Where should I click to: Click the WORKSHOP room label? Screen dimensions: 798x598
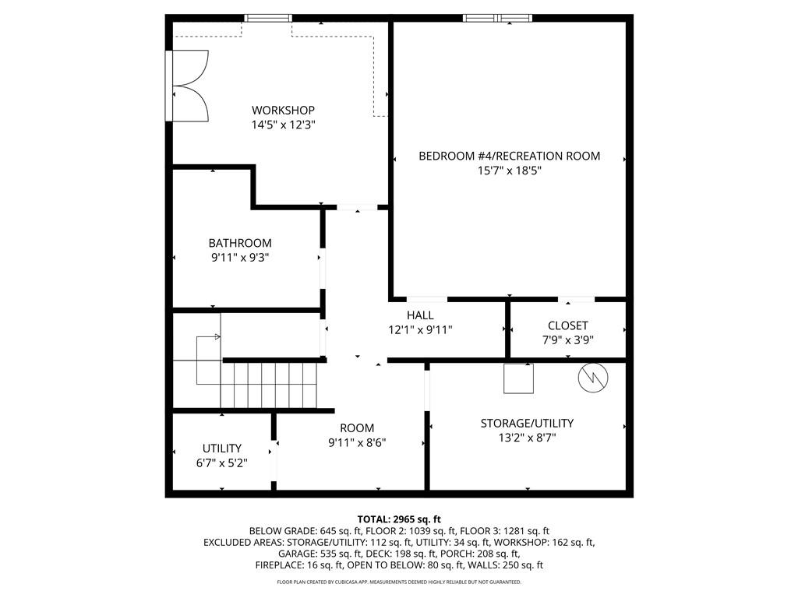283,110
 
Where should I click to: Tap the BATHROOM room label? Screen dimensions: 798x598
240,243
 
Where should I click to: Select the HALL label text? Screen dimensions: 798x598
420,315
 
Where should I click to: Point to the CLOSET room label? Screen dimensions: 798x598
567,325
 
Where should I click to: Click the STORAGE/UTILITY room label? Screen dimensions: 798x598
527,423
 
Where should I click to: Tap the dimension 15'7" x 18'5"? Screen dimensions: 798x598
509,171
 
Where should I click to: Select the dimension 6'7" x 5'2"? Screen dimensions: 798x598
221,463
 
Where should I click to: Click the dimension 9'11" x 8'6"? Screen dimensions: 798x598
357,442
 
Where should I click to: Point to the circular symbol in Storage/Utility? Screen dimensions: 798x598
593,378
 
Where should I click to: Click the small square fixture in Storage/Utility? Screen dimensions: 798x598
518,378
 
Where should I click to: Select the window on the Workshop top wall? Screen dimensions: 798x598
268,19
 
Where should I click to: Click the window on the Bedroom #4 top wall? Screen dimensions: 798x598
498,19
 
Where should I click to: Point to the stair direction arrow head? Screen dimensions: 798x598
218,336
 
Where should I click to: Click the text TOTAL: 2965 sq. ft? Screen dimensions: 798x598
399,519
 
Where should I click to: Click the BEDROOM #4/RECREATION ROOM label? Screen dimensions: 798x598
509,156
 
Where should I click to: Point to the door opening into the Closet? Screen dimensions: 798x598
577,299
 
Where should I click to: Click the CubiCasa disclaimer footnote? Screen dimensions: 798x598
399,582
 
